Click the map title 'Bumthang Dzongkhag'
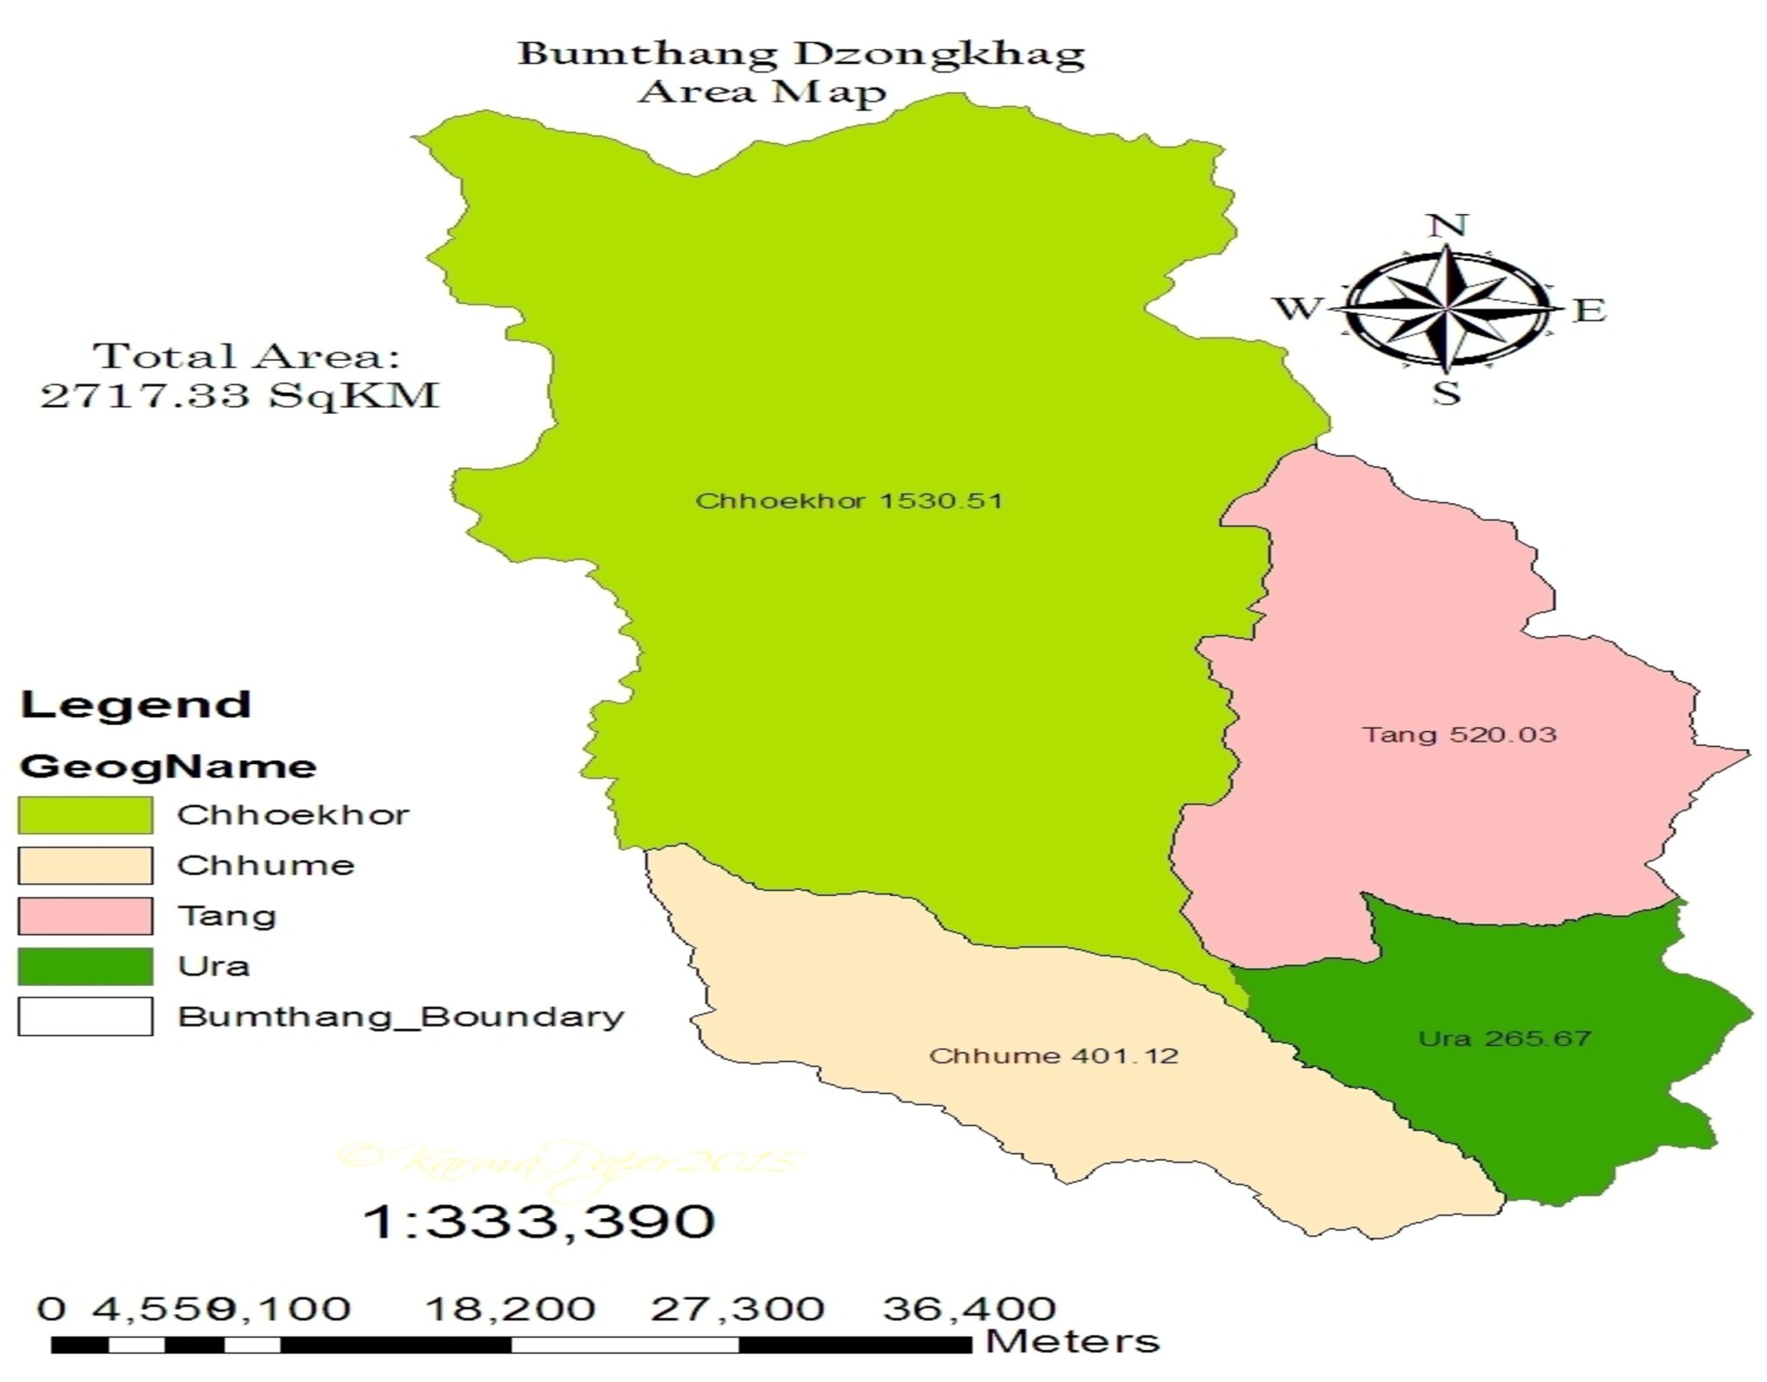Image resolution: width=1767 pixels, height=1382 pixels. (x=801, y=54)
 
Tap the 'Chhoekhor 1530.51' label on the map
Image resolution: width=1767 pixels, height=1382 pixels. (x=849, y=501)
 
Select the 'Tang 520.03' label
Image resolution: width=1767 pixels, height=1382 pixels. (x=1459, y=735)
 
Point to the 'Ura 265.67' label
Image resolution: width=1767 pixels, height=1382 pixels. (x=1505, y=1038)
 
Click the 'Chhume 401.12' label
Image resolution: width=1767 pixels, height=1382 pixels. (x=1053, y=1056)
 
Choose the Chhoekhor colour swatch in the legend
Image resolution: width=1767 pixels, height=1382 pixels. (x=85, y=815)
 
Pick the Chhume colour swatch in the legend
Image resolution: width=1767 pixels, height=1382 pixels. (x=85, y=865)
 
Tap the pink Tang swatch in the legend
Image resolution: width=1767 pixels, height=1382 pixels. (x=85, y=916)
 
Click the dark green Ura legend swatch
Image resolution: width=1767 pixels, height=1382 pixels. (x=85, y=966)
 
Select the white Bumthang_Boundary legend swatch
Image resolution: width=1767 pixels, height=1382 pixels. (x=85, y=1016)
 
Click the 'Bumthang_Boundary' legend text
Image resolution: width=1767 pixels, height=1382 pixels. (x=400, y=1017)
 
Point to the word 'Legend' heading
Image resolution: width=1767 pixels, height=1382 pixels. (x=136, y=704)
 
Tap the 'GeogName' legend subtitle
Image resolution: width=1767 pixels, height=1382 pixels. (x=168, y=767)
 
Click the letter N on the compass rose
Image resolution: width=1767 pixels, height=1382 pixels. (x=1447, y=226)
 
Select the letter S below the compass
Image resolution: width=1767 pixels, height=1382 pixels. (x=1446, y=393)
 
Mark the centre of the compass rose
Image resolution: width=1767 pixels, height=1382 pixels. (x=1447, y=307)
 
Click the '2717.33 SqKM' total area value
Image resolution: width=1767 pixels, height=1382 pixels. (x=240, y=395)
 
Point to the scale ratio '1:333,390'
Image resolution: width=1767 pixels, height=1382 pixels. (x=539, y=1221)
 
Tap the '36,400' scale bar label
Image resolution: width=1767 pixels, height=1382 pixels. (x=968, y=1309)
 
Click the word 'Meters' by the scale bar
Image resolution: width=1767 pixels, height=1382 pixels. (x=1072, y=1341)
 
